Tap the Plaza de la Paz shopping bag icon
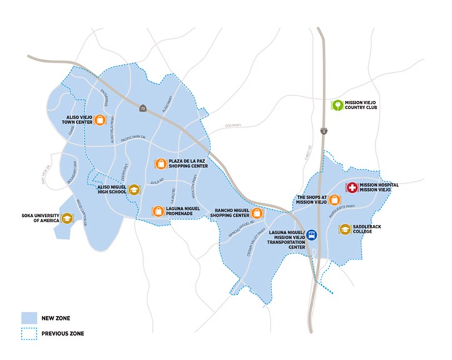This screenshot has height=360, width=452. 161,164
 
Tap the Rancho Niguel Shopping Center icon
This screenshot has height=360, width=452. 256,213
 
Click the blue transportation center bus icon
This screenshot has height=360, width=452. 312,235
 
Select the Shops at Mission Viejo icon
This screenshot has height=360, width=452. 335,200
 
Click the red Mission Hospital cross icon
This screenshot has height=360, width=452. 351,187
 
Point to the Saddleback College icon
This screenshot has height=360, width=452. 345,229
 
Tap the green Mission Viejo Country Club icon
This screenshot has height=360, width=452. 337,104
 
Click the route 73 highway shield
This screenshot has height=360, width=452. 142,108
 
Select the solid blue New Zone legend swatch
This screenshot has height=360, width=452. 30,316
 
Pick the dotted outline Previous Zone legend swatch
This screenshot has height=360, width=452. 30,333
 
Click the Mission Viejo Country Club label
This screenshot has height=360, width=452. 365,104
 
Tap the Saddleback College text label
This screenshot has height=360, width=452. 371,229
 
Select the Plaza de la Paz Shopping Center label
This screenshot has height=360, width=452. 189,164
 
